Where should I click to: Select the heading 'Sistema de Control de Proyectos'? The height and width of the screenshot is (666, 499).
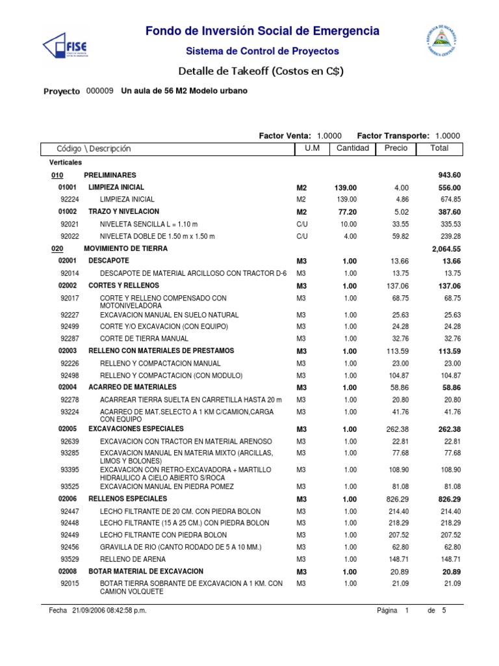[x=262, y=51]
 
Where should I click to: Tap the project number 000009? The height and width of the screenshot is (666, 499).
[x=99, y=91]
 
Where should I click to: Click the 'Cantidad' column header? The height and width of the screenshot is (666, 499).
[x=352, y=148]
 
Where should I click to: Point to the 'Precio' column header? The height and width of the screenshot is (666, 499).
[x=396, y=148]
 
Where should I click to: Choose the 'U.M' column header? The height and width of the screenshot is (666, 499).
[x=303, y=148]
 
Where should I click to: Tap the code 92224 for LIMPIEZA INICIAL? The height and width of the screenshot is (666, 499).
[x=70, y=199]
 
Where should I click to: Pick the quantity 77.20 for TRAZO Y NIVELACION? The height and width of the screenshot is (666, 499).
[x=346, y=212]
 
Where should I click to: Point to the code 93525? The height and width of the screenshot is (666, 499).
[x=70, y=486]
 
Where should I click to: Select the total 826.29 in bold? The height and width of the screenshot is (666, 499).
[x=448, y=498]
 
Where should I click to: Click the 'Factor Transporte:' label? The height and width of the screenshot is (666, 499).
[x=393, y=135]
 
